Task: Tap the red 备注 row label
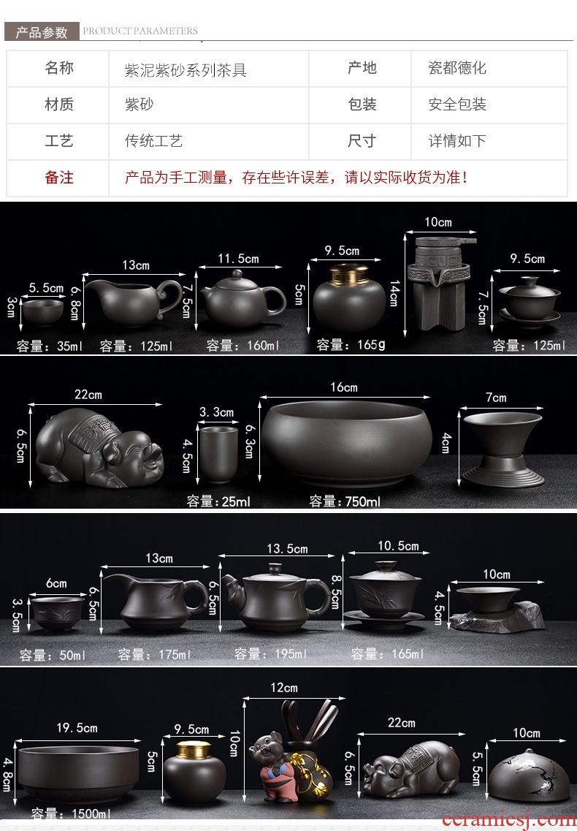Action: click(59, 178)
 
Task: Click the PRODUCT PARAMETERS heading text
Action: click(140, 31)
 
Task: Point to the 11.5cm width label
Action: click(238, 259)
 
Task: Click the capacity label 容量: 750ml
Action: click(345, 501)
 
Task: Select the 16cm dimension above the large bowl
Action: click(344, 387)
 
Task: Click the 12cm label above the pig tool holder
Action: click(284, 687)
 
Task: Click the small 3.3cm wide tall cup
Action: click(218, 454)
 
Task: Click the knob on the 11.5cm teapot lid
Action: click(238, 274)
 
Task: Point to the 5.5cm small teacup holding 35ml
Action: click(42, 312)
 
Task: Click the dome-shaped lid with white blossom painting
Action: click(522, 774)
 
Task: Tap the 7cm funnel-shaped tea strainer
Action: click(503, 449)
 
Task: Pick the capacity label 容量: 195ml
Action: click(270, 654)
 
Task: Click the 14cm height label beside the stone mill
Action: click(394, 293)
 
